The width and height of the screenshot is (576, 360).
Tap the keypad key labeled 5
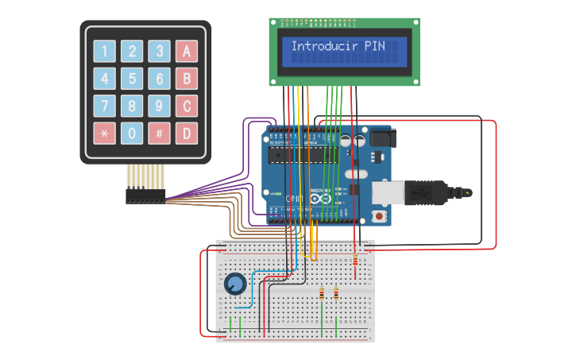[x=132, y=79]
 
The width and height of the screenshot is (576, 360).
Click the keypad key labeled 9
[x=159, y=106]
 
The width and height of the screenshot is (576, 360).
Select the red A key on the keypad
[x=187, y=52]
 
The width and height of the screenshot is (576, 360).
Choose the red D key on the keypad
[x=187, y=133]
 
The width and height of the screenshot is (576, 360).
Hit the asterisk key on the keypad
[x=105, y=133]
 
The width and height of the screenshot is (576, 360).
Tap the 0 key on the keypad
[x=132, y=133]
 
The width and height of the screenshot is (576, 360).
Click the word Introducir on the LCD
[x=324, y=46]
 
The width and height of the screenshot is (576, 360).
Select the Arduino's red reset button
[x=380, y=216]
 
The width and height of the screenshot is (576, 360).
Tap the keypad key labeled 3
[x=159, y=52]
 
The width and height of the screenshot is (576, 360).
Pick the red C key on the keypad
[x=187, y=106]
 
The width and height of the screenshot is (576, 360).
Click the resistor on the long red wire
[x=354, y=261]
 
